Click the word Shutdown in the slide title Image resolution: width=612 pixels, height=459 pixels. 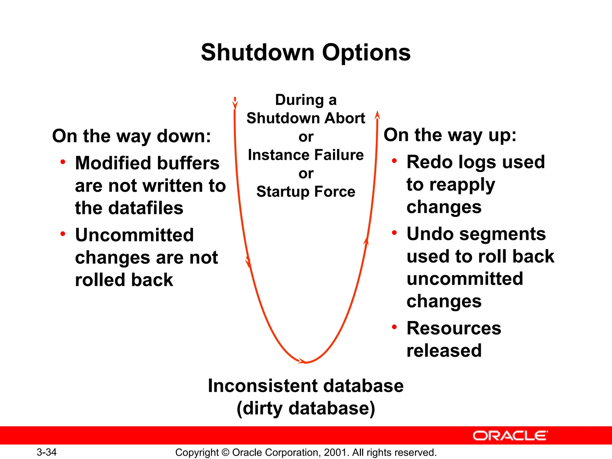point(258,53)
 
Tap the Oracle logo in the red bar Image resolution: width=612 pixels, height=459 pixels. point(510,436)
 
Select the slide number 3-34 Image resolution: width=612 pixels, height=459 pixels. point(47,452)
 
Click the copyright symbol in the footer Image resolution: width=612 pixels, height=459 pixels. point(226,452)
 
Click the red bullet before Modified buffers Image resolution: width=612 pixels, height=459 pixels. point(63,162)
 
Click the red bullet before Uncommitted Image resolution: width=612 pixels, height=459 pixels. point(63,234)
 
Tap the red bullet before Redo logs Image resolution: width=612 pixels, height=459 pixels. point(394,161)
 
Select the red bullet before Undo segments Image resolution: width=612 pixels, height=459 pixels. point(394,233)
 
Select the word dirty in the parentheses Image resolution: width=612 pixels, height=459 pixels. point(263,409)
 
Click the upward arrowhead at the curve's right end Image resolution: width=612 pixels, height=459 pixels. point(377,116)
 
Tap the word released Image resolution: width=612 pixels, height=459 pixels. point(444,351)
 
